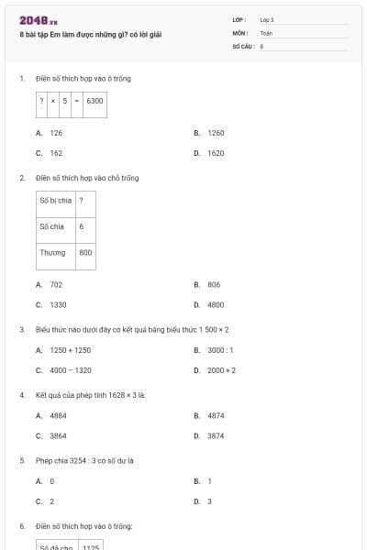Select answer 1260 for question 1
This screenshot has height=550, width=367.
tap(216, 133)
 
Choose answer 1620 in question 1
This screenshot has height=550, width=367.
tap(216, 153)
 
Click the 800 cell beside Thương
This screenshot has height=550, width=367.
tap(85, 252)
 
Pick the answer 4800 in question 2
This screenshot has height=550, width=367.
tap(216, 304)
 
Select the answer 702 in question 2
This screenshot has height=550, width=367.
tap(56, 284)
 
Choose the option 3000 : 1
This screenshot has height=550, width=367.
tap(220, 350)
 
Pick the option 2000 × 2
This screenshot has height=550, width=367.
tap(221, 370)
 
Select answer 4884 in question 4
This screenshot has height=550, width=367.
tap(58, 415)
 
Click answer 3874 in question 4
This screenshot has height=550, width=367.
tap(216, 435)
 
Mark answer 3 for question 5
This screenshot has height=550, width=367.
tap(209, 501)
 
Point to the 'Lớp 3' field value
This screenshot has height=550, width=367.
tap(267, 19)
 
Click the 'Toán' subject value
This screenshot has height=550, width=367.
tap(266, 32)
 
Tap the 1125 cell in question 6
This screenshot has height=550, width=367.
tap(90, 546)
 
